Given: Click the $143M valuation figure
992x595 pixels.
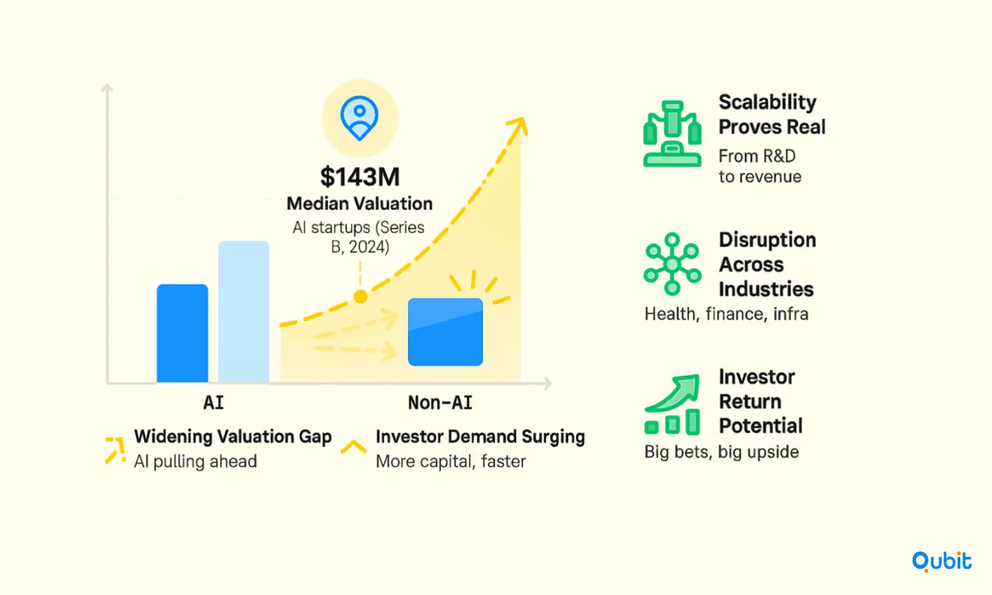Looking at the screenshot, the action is tap(360, 176).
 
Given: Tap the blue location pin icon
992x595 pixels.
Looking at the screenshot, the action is tap(360, 118).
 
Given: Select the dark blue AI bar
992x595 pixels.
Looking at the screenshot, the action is tap(182, 333).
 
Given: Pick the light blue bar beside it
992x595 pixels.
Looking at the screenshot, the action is tap(244, 311).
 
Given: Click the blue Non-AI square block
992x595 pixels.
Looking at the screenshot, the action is tap(446, 332).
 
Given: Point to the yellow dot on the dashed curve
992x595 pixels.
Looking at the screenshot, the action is tap(360, 297).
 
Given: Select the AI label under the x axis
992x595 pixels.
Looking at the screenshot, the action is tap(213, 402).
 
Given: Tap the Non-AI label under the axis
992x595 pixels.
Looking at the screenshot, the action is tap(440, 402).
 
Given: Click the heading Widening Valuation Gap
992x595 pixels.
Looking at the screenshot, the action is tap(233, 436).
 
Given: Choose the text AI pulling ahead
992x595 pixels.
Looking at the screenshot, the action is tap(195, 461).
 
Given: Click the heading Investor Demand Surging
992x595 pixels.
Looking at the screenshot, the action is tap(480, 436).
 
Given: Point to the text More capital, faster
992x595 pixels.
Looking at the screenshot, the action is tap(451, 461).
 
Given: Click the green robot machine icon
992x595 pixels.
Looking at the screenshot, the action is tap(672, 134).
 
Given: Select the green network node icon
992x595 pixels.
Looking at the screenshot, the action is tap(672, 264).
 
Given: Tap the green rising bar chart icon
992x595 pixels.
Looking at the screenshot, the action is tap(672, 405).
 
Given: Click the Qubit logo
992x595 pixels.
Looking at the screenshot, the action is tap(942, 561).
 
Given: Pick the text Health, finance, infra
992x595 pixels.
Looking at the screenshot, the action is tap(726, 314).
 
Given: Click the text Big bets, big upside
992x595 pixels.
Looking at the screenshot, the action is tap(722, 452).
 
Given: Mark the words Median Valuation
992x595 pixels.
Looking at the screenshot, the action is tap(360, 204).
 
